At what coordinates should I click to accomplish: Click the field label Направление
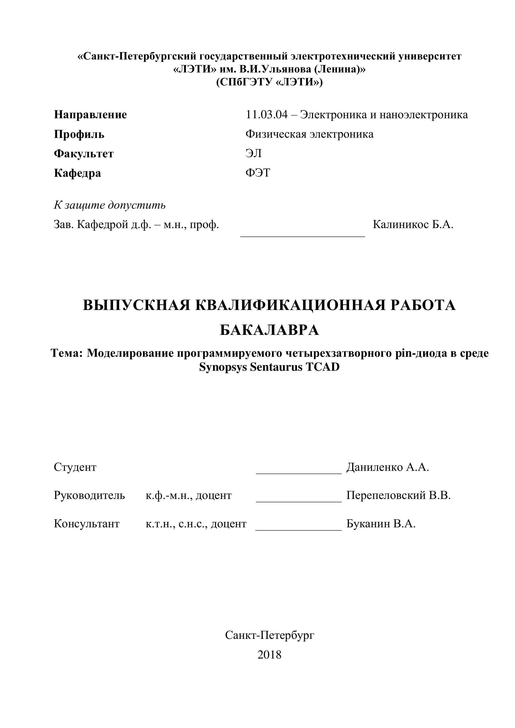click(x=90, y=115)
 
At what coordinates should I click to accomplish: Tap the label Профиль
click(x=79, y=134)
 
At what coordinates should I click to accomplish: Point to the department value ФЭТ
click(x=258, y=173)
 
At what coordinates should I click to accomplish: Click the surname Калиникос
click(x=400, y=225)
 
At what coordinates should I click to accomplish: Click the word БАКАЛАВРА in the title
click(x=269, y=330)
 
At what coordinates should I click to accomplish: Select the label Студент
click(x=75, y=467)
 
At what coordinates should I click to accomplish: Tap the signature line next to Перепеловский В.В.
click(x=299, y=501)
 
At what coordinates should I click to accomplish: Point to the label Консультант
click(x=87, y=524)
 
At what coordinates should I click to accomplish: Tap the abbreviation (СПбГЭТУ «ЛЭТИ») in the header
click(x=269, y=82)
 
